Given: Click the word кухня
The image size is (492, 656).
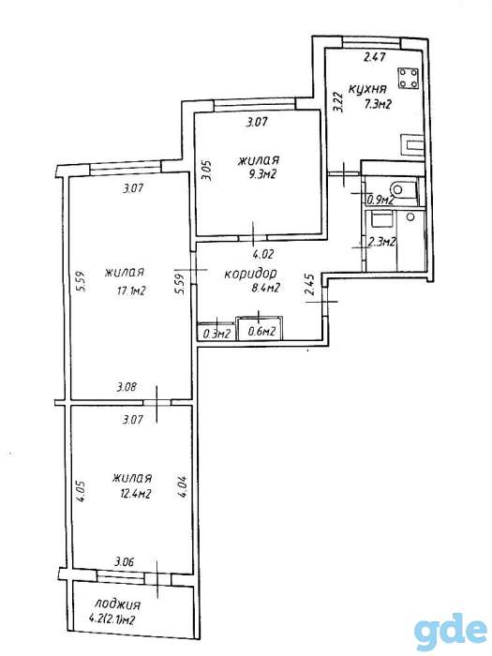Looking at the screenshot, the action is click(x=367, y=89).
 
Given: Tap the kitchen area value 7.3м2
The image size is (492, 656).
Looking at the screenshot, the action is click(x=378, y=104).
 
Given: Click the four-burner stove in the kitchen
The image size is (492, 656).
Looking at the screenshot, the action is click(x=408, y=78).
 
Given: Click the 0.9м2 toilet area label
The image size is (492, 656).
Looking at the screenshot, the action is click(x=380, y=200).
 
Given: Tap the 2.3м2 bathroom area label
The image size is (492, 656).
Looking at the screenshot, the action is click(x=381, y=242).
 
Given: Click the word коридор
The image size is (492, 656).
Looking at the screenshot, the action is click(x=251, y=274).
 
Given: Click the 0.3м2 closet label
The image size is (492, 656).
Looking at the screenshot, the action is click(x=216, y=334).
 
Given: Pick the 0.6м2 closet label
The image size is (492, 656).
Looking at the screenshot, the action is click(x=261, y=332).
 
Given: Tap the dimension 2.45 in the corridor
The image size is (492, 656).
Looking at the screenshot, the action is click(x=309, y=285).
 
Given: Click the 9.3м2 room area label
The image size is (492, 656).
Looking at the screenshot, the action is click(x=261, y=174).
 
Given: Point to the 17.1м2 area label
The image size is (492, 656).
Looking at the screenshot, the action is click(x=131, y=291).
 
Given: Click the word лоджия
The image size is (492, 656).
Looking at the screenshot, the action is click(x=117, y=604).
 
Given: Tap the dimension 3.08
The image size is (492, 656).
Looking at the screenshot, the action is click(x=127, y=386).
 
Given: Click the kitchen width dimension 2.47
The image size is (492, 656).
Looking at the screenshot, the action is click(x=375, y=57).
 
